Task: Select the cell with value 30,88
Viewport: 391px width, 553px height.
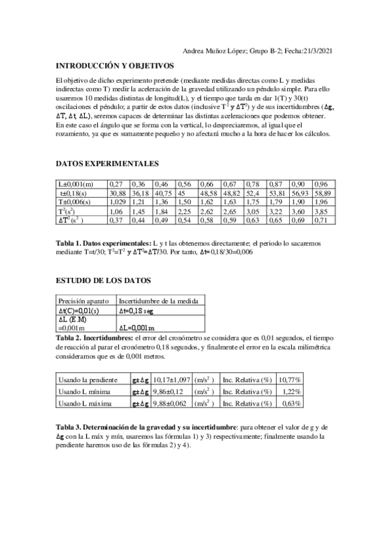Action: (x=117, y=194)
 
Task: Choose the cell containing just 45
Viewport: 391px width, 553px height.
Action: (x=181, y=194)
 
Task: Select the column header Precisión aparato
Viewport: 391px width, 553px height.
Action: (x=79, y=301)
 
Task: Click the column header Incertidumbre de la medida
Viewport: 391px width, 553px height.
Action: (x=161, y=301)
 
